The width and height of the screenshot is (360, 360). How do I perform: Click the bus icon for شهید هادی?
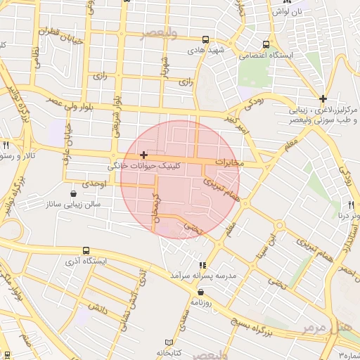pyautogui.click(x=205, y=40)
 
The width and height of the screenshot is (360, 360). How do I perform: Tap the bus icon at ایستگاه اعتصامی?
pyautogui.click(x=266, y=43)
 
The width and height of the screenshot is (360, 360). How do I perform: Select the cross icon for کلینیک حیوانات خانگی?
pyautogui.click(x=143, y=155)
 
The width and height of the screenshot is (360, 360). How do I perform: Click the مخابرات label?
pyautogui.click(x=230, y=162)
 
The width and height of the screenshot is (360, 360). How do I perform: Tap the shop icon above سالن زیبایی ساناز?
pyautogui.click(x=75, y=194)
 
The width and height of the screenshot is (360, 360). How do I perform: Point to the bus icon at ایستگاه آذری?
pyautogui.click(x=86, y=250)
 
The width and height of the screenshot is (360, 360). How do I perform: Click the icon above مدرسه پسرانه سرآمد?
pyautogui.click(x=202, y=265)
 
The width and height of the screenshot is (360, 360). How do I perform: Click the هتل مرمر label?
pyautogui.click(x=329, y=327)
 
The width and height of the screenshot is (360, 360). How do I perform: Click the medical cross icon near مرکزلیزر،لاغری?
pyautogui.click(x=323, y=99)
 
